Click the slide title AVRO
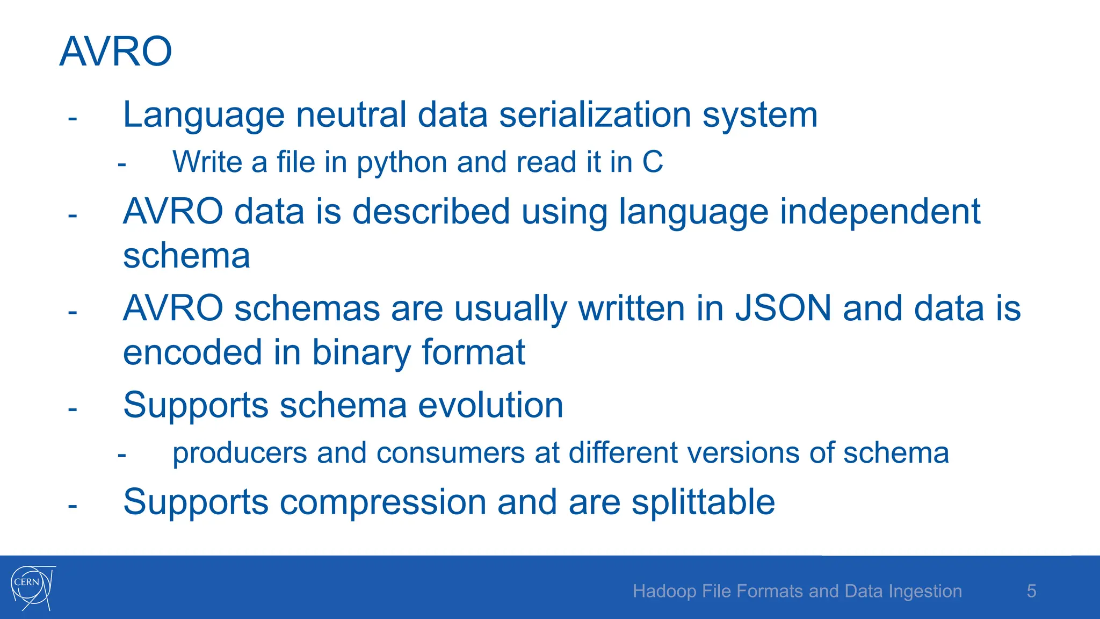115,52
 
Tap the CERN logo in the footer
32,587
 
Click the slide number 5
1031,591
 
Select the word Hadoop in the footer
664,591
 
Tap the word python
402,162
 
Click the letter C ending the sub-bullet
653,162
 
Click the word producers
240,453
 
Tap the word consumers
450,453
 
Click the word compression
383,502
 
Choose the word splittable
703,502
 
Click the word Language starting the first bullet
204,116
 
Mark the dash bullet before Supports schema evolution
73,409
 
